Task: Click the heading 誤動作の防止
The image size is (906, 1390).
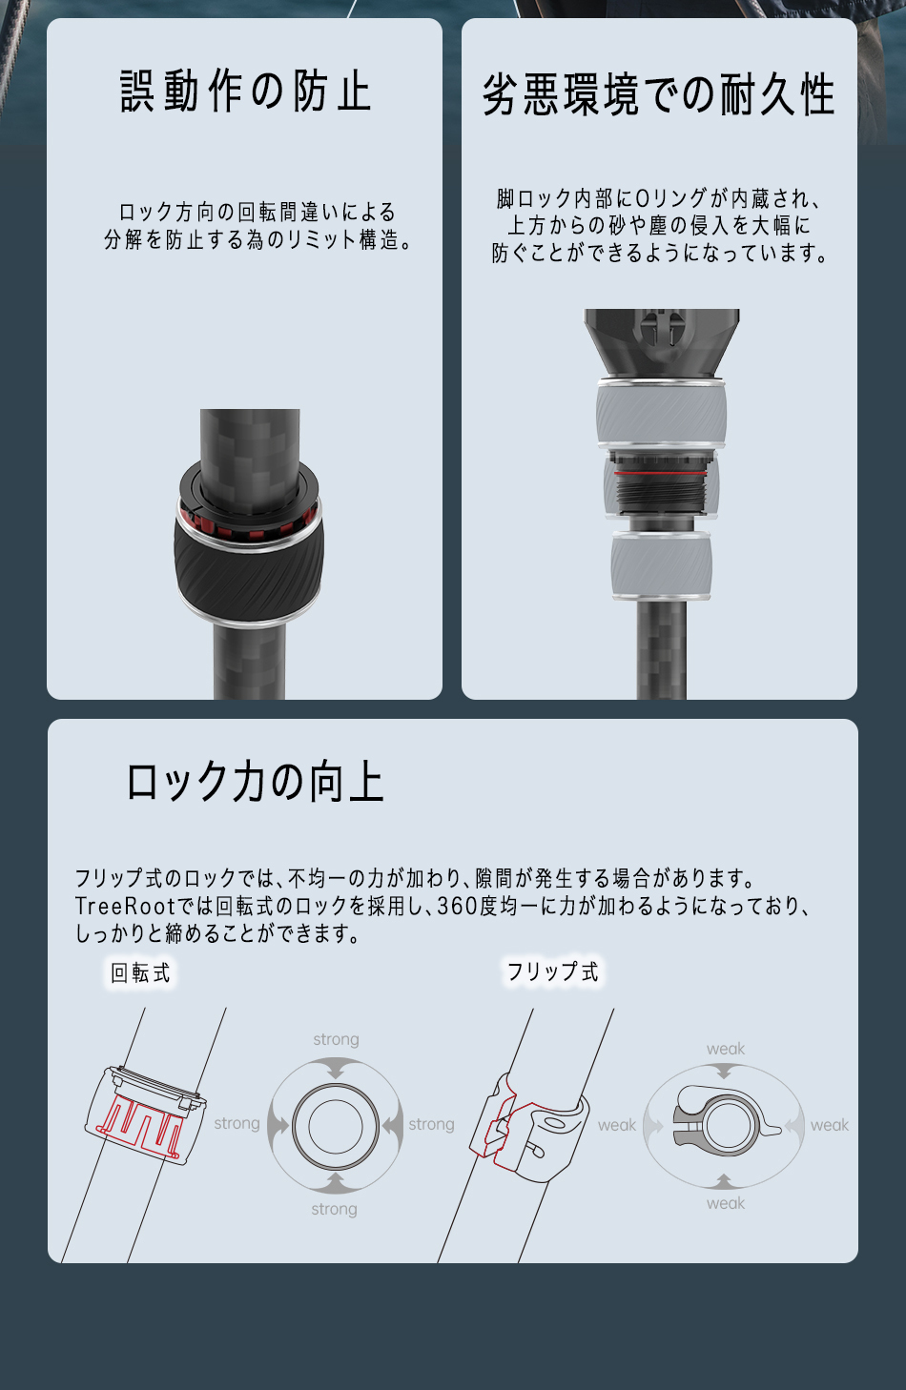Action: tap(246, 92)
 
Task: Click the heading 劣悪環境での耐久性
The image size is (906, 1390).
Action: tap(658, 95)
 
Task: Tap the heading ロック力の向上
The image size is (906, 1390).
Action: tap(255, 782)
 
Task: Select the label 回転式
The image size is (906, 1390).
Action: tap(140, 973)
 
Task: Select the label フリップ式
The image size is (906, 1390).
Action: tap(553, 971)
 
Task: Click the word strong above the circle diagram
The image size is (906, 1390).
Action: tap(336, 1039)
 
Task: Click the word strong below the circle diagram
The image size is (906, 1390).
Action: tap(335, 1209)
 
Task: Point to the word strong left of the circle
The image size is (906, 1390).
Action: tap(237, 1123)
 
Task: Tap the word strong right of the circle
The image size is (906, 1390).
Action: tap(431, 1124)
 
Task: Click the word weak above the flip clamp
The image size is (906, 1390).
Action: tap(726, 1049)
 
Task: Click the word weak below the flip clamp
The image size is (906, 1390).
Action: tap(726, 1203)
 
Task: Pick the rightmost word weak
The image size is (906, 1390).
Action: tap(830, 1125)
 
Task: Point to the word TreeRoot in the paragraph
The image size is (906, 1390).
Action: tap(125, 906)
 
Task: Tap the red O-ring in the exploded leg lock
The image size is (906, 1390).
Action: tap(660, 474)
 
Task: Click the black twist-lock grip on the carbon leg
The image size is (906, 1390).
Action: tap(248, 581)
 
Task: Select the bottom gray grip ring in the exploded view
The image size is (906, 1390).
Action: tap(661, 564)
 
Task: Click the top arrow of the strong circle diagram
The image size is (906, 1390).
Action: tap(336, 1069)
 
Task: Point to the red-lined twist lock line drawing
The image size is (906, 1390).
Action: tap(146, 1115)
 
